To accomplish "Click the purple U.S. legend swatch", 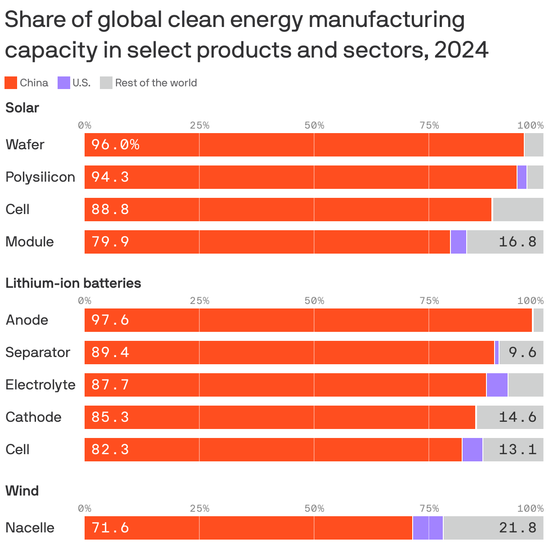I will point(64,83).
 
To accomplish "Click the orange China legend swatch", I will point(11,83).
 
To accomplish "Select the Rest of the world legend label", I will point(156,83).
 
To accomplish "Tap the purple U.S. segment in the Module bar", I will point(458,242).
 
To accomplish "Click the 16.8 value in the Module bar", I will point(517,242).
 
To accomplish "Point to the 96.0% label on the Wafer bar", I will point(115,145).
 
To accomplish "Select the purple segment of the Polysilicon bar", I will point(522,177).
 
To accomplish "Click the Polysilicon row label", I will point(40,177).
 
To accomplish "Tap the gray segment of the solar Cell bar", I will point(517,210).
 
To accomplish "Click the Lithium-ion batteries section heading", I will point(73,283).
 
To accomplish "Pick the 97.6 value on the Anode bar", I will point(110,320).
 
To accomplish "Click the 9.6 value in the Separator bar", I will point(522,353).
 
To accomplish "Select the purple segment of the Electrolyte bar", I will point(497,385).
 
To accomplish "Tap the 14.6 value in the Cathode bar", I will point(517,417).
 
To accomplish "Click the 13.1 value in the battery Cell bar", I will point(517,450).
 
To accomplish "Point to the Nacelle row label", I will point(30,528).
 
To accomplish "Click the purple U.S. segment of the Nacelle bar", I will point(427,528).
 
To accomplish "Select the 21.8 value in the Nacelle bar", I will point(517,528).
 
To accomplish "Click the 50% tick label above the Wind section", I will point(314,509).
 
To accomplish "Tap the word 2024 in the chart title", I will point(461,49).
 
